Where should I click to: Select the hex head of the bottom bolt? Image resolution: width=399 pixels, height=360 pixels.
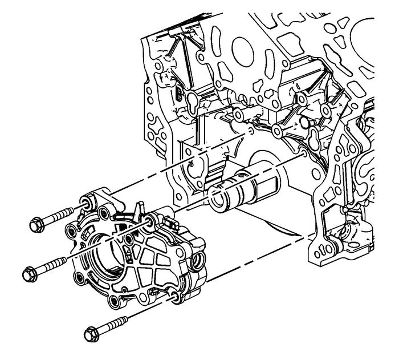pos(92,333)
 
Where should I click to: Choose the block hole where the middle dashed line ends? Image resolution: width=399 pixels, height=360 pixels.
pos(302,153)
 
